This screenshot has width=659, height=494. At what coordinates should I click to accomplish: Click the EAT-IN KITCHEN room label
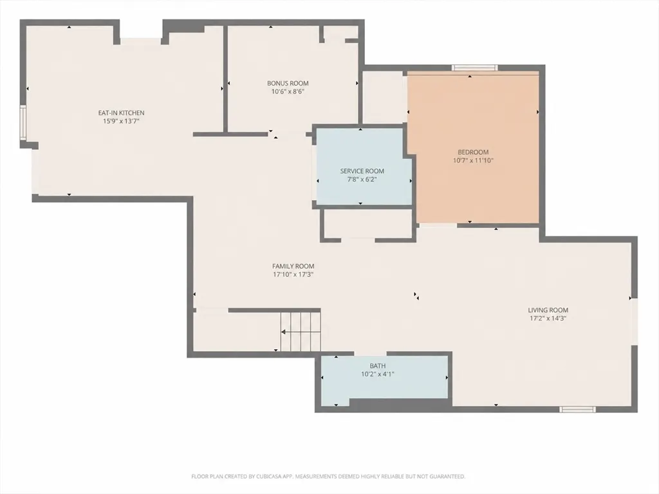pos(121,113)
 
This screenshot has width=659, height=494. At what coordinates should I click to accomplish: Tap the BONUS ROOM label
pos(288,83)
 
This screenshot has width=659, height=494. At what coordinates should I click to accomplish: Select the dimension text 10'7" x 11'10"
pos(473,160)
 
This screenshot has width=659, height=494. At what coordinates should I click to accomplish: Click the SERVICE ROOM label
pos(362,171)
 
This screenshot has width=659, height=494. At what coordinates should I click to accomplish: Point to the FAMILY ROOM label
pos(293,266)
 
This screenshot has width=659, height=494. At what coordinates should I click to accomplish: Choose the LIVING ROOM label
pos(548,310)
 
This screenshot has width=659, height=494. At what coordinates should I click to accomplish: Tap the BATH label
pos(377,366)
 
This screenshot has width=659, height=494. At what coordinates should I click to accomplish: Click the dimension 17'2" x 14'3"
pos(548,318)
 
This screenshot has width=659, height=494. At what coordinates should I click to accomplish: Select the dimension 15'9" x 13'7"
pos(121,121)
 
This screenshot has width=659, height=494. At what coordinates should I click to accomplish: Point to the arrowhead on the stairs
pos(283,332)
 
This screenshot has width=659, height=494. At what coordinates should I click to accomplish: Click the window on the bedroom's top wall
pos(474,68)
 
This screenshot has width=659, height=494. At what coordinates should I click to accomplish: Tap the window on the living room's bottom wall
pos(577,409)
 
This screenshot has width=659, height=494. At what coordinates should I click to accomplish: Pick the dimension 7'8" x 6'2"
pos(362,179)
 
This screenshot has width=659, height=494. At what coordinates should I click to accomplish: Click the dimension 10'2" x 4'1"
pos(377,374)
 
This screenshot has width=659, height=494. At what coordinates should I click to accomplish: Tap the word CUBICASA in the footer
pos(268,477)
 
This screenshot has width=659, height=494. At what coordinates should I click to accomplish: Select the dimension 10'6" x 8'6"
pos(288,91)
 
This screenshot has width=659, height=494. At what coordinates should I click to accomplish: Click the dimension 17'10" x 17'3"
pos(293,274)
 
